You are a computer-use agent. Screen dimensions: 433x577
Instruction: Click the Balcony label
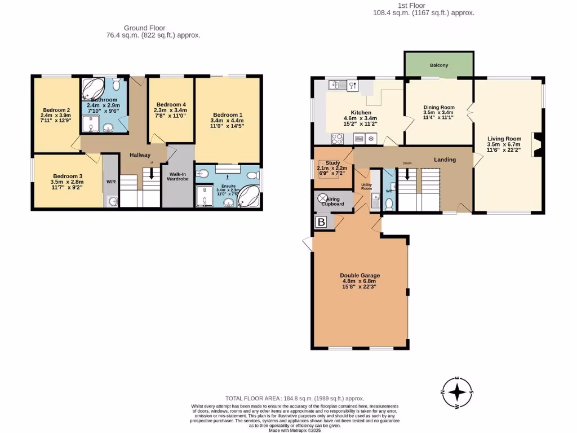coord(439,65)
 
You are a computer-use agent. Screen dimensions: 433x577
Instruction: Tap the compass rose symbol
coord(460,391)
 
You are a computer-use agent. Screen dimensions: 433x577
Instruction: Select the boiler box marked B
coord(322,223)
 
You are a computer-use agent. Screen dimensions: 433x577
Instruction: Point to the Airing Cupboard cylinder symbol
coord(323,198)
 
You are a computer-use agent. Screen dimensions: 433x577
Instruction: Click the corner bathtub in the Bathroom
coord(92,89)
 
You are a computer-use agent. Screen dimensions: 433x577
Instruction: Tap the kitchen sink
coord(337,85)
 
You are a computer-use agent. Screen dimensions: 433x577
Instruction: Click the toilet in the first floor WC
coord(388,202)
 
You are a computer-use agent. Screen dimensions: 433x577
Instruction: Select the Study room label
coord(332,162)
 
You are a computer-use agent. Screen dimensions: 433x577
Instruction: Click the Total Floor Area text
coord(291,398)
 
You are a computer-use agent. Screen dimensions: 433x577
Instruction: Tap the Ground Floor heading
coord(145,27)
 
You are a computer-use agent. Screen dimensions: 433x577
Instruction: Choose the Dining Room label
coord(438,107)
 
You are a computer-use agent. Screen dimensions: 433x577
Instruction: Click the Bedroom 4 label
coord(171,104)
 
